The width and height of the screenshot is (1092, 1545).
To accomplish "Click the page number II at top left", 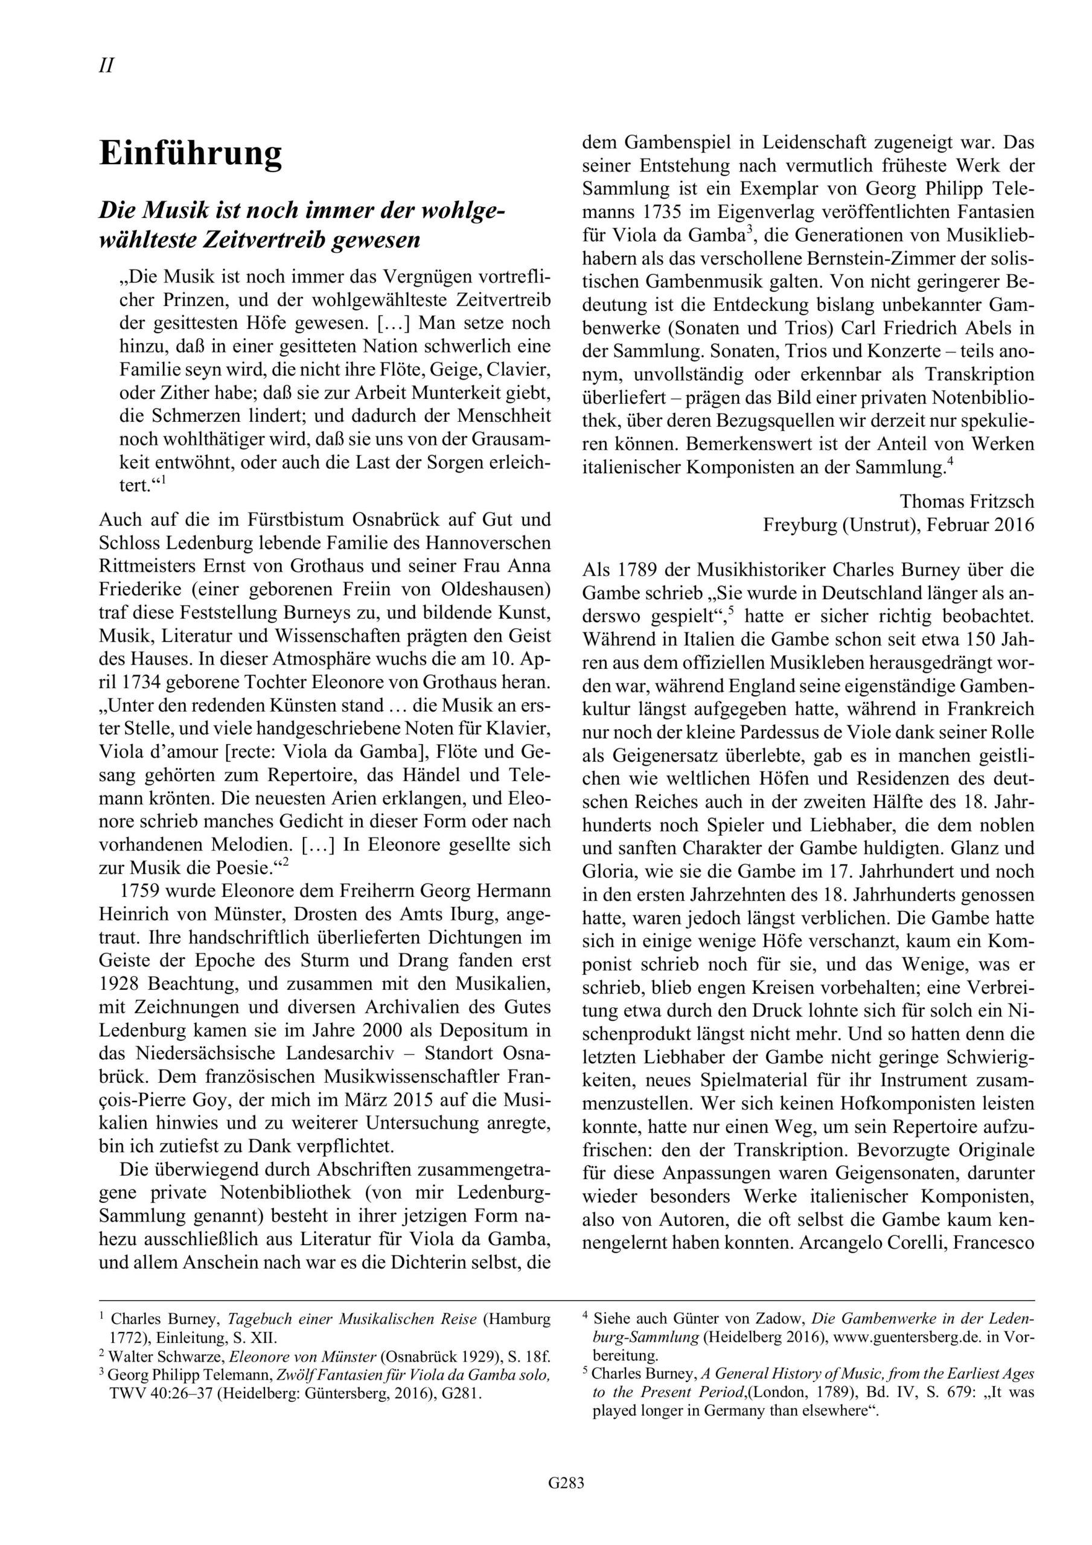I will (106, 66).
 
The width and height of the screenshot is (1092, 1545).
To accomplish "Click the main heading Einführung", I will (191, 154).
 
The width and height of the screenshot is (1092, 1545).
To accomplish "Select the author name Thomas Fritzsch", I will (967, 502).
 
